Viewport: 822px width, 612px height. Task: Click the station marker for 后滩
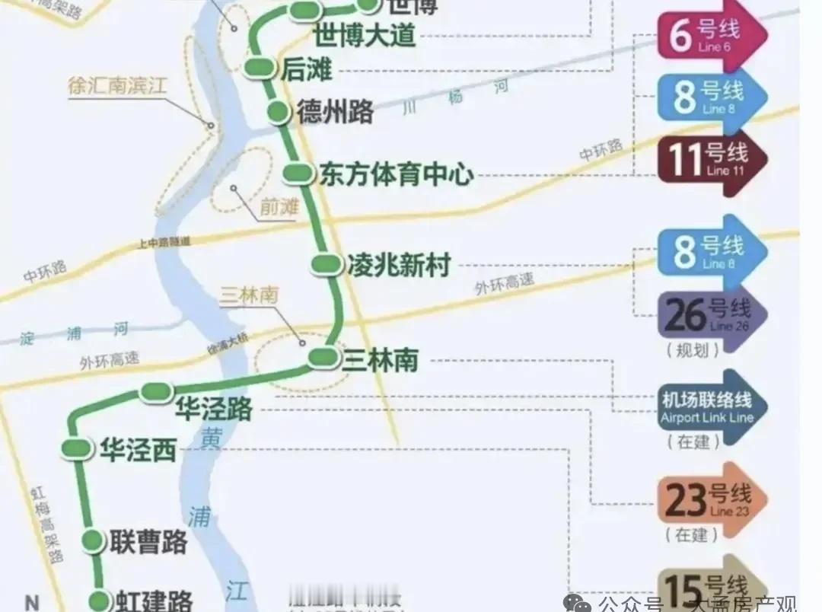pyautogui.click(x=260, y=68)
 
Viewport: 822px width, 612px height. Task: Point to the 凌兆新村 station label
pyautogui.click(x=399, y=266)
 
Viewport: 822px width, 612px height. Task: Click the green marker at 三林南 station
pyautogui.click(x=323, y=356)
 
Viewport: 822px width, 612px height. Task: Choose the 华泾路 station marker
pyautogui.click(x=157, y=392)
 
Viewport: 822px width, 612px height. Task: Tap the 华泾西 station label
pyautogui.click(x=138, y=451)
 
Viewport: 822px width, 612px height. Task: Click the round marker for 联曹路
pyautogui.click(x=93, y=540)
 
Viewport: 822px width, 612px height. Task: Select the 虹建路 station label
pyautogui.click(x=154, y=601)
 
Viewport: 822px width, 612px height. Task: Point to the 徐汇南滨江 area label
pyautogui.click(x=116, y=86)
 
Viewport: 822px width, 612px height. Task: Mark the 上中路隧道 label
pyautogui.click(x=164, y=241)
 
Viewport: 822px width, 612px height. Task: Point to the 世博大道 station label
pyautogui.click(x=365, y=34)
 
